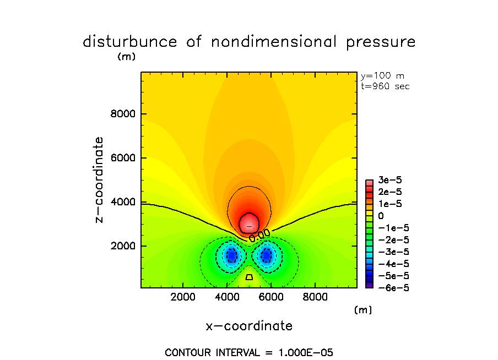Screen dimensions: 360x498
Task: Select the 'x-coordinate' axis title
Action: [249, 326]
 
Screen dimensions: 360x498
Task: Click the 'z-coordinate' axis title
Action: [99, 179]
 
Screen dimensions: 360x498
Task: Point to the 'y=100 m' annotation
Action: [382, 76]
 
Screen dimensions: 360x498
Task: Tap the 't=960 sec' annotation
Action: [385, 86]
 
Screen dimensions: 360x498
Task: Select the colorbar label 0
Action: [381, 216]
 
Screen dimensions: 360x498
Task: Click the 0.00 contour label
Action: [259, 235]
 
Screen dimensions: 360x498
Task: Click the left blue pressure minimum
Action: [231, 255]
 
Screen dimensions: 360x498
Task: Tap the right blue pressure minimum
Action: [267, 255]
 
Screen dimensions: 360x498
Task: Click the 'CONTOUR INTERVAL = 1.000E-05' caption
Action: [249, 352]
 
